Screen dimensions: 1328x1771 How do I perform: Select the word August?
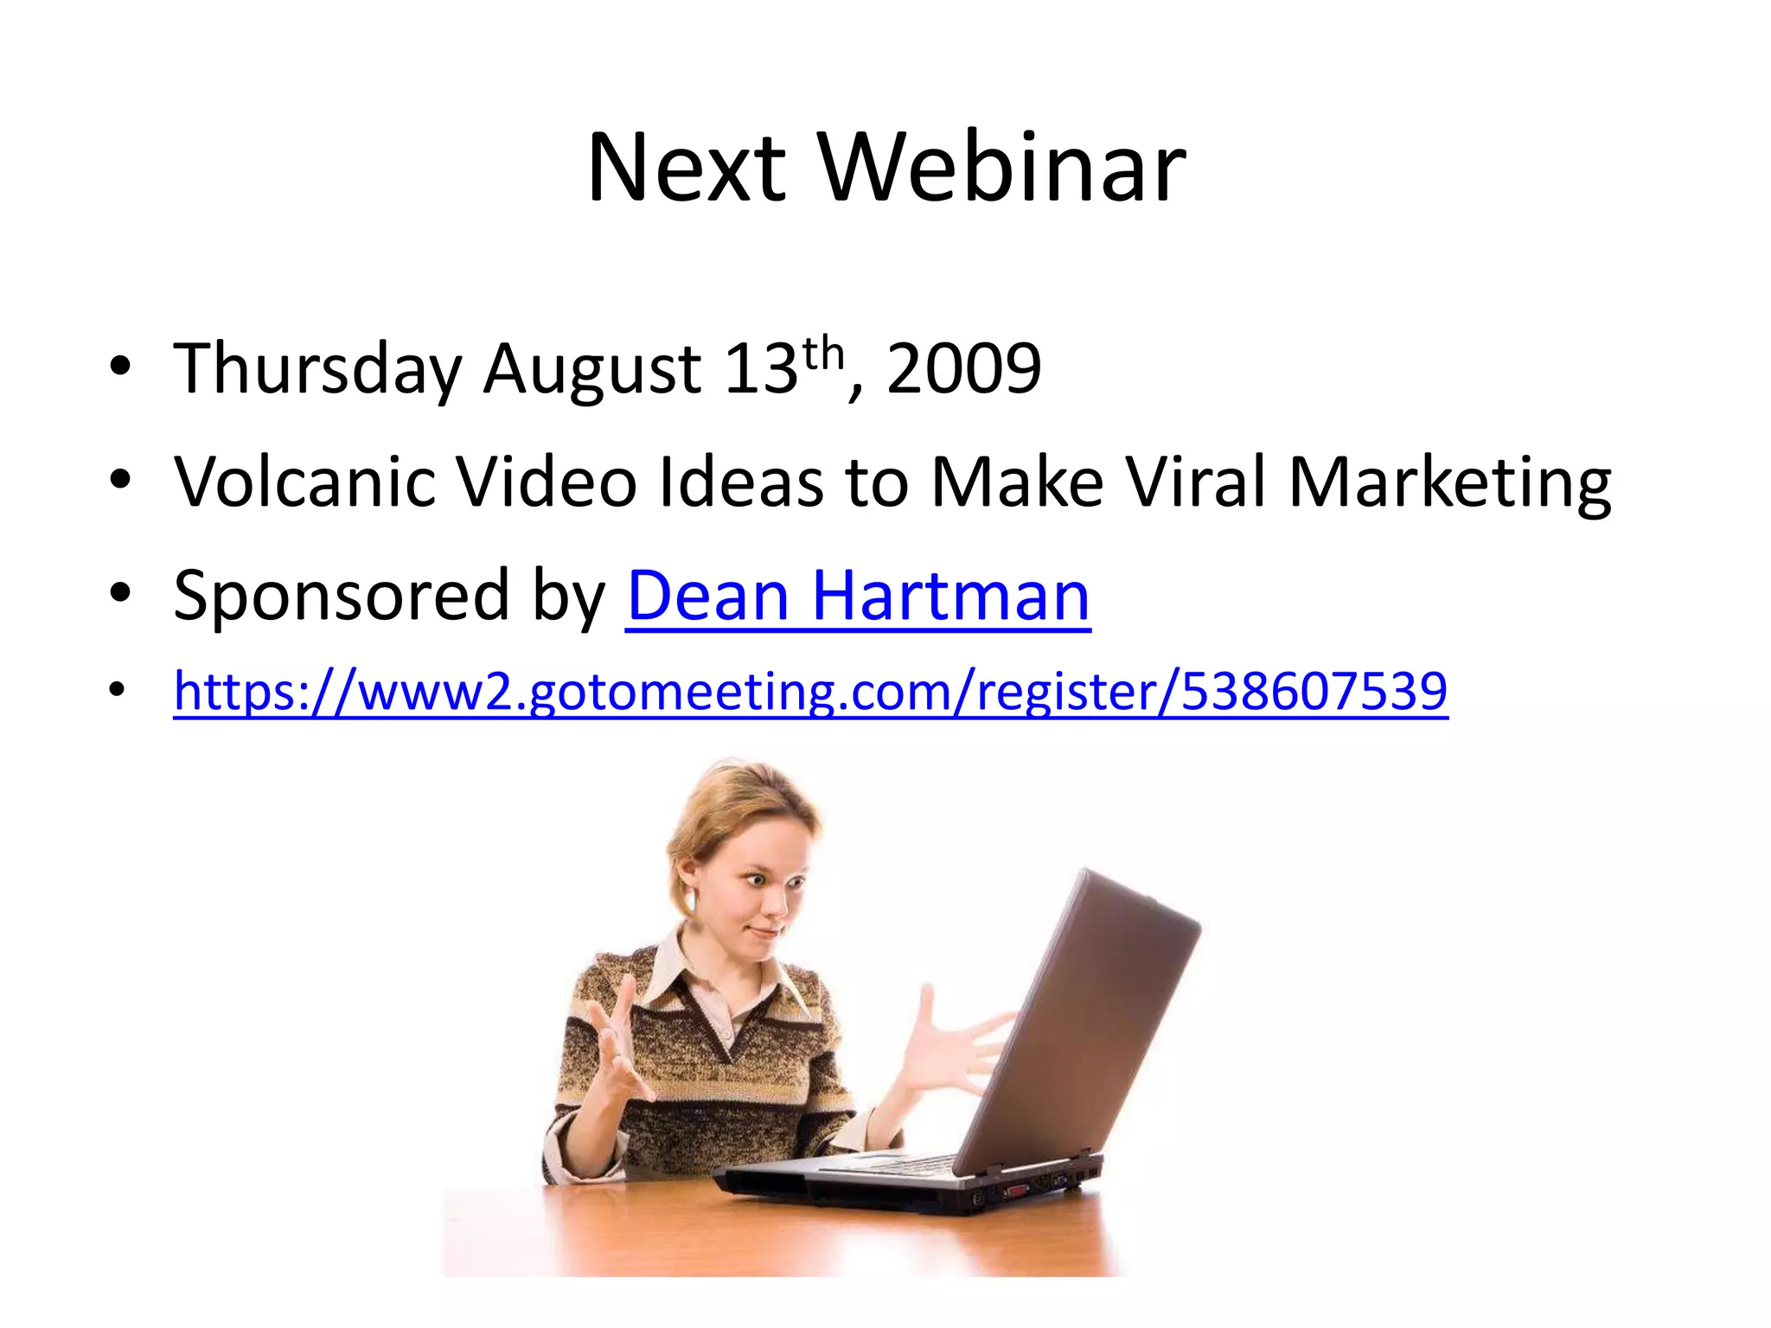coord(591,370)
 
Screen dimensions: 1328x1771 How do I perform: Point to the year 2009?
coord(963,370)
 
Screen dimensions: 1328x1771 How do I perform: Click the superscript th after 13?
coord(822,354)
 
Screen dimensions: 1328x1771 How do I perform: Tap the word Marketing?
coord(1449,482)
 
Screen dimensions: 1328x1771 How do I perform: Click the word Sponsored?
coord(341,597)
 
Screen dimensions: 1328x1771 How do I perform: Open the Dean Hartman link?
coord(857,597)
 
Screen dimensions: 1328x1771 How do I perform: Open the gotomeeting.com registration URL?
coord(810,692)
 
